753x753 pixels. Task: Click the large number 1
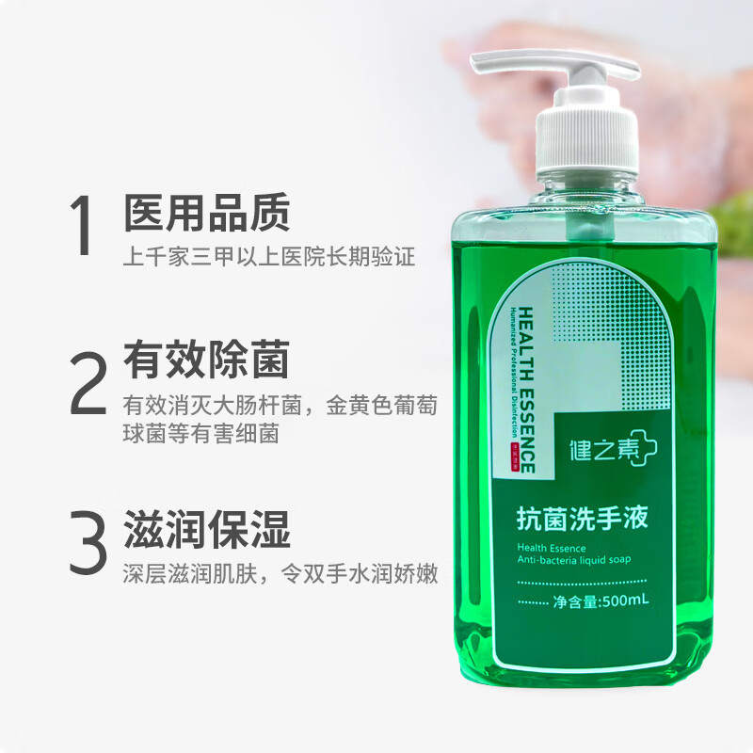(x=84, y=226)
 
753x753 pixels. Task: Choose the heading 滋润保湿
(x=206, y=531)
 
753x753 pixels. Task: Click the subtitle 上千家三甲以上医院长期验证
(x=268, y=257)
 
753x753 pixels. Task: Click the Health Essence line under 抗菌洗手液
(x=552, y=547)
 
